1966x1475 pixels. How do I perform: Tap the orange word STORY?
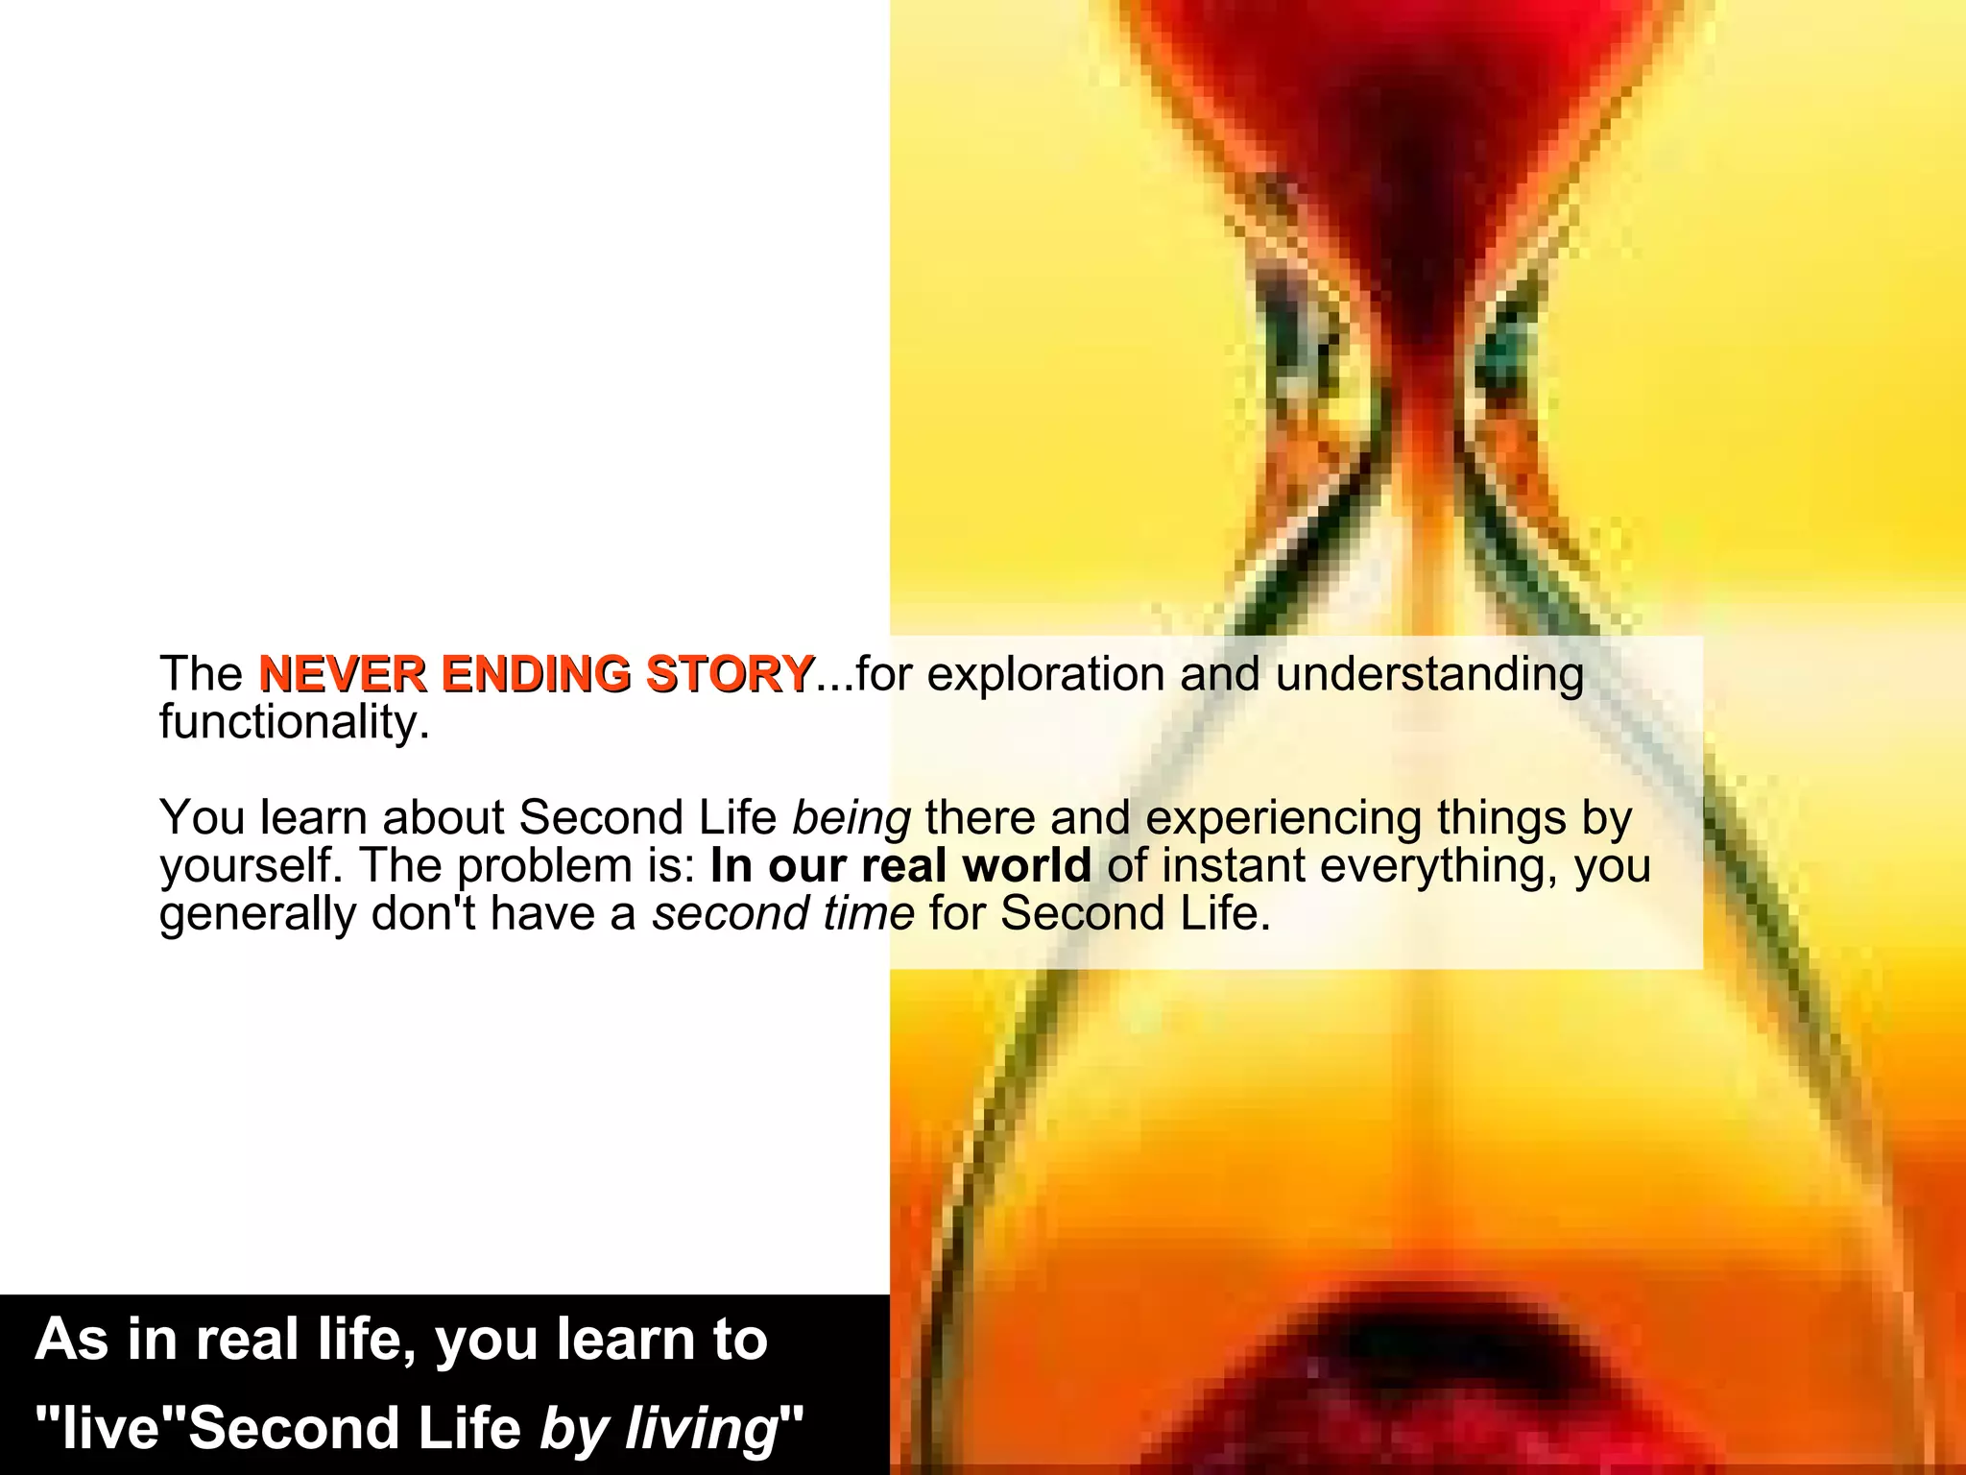point(730,674)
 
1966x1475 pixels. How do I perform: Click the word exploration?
point(1045,674)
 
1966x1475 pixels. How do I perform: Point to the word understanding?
point(1429,674)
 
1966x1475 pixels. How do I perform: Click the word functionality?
point(293,722)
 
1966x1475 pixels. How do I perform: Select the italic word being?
point(851,819)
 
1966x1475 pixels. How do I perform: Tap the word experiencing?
point(1283,819)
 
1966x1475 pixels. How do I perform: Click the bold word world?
point(1026,866)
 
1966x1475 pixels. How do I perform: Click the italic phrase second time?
point(783,913)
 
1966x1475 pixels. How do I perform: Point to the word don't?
point(423,913)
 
